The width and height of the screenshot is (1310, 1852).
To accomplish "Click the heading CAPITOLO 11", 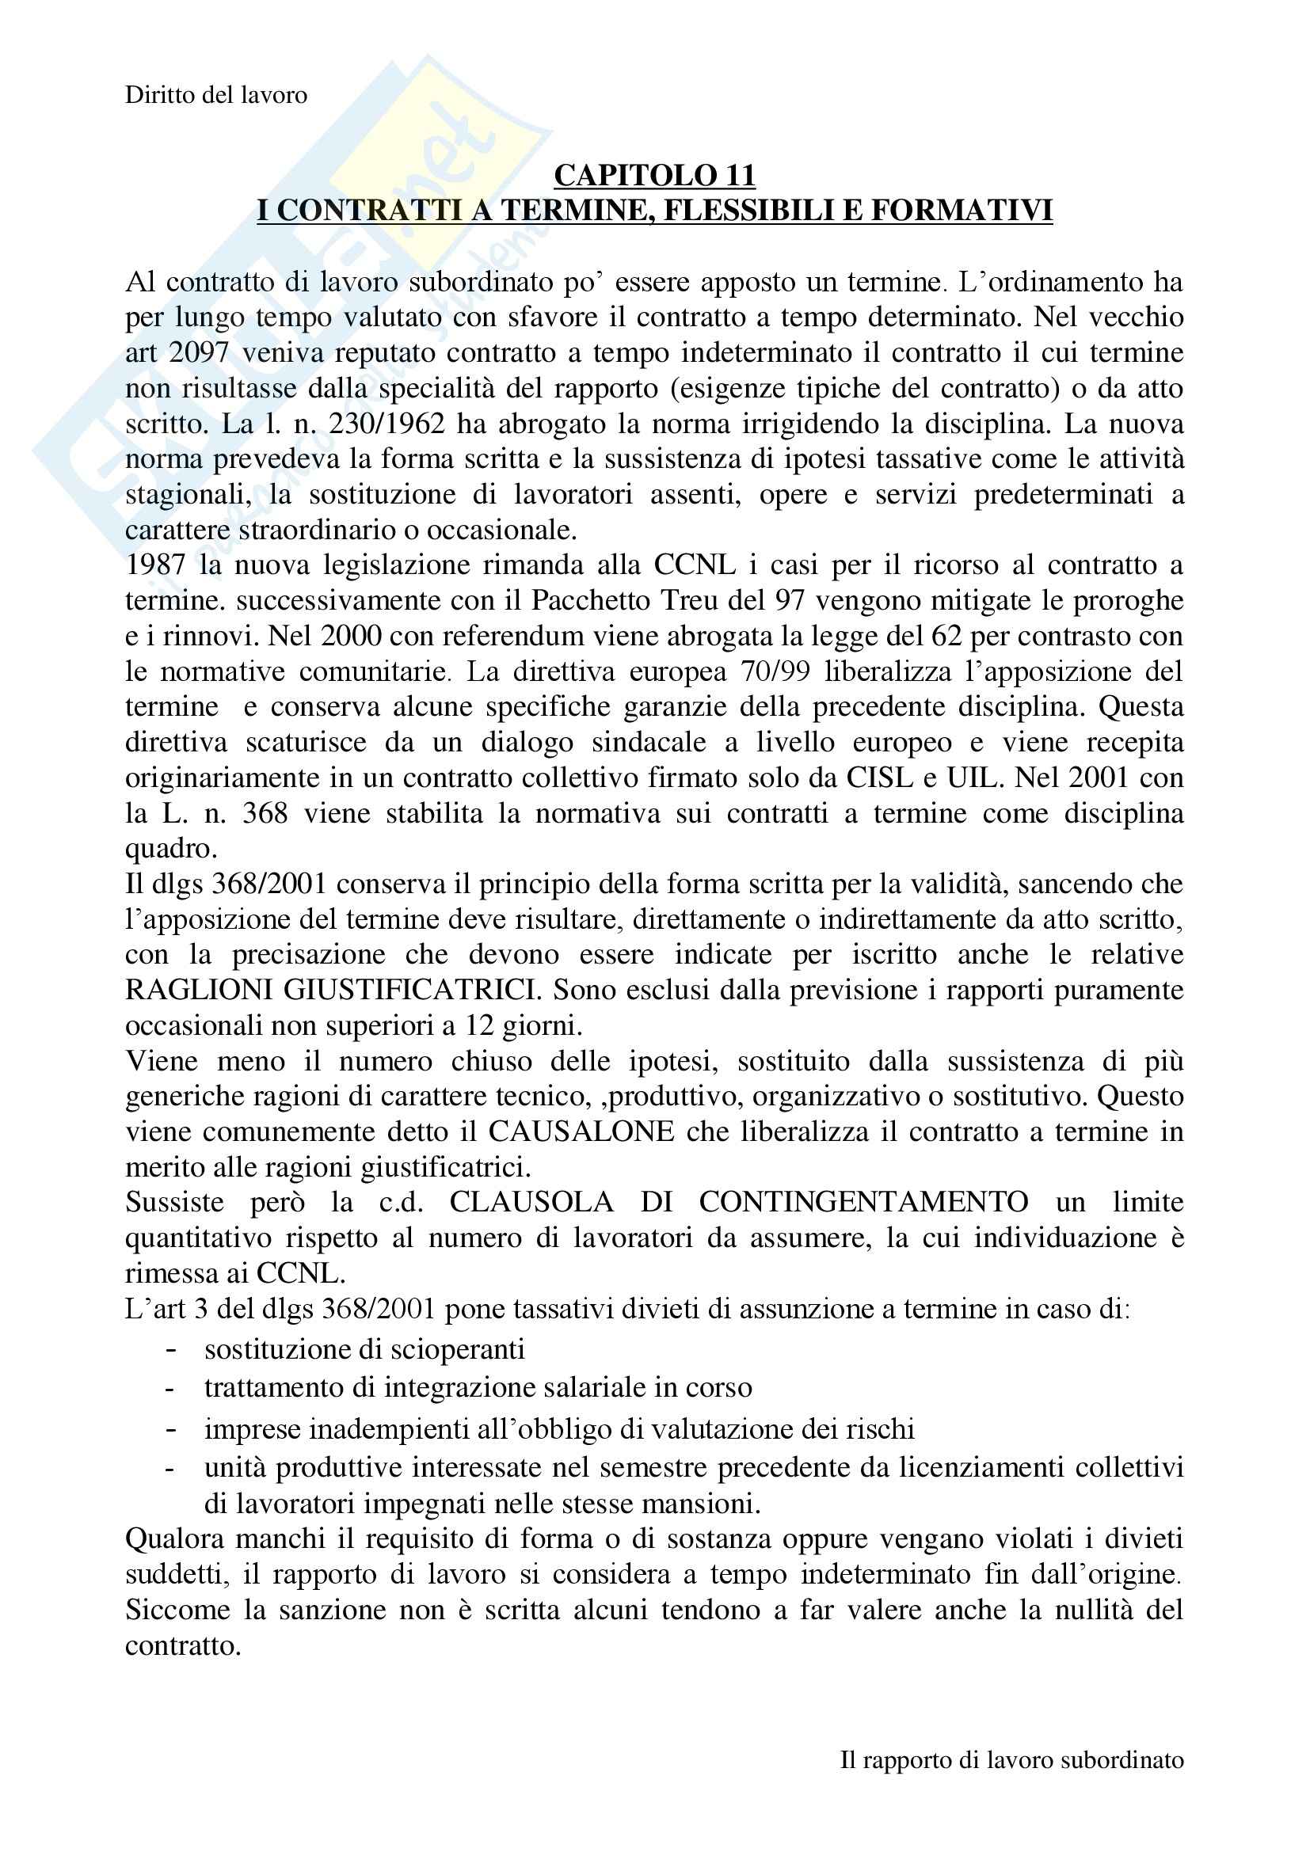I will click(x=654, y=175).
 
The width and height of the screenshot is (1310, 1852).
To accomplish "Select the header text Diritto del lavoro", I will click(x=216, y=95).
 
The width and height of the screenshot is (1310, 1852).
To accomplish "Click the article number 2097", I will click(x=200, y=352).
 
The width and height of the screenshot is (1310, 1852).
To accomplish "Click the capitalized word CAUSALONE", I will click(x=581, y=1131).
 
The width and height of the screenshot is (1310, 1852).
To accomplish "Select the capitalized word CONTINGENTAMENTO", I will click(x=864, y=1203).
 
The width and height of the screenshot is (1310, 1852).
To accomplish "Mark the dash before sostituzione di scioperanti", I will click(x=170, y=1349).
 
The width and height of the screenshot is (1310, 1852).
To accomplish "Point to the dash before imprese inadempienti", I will click(x=170, y=1429).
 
